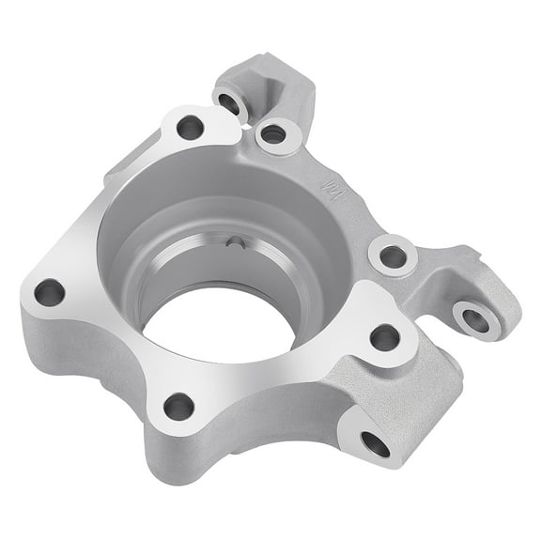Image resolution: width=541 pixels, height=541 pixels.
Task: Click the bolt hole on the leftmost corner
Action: [50, 293]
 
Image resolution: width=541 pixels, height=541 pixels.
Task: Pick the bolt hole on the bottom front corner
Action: [178, 407]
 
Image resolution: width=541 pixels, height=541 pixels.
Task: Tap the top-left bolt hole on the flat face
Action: [190, 127]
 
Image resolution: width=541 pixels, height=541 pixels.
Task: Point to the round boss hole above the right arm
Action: [394, 255]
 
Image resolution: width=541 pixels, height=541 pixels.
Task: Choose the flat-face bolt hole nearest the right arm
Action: [384, 337]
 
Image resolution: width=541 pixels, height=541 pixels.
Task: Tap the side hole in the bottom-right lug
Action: [375, 443]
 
